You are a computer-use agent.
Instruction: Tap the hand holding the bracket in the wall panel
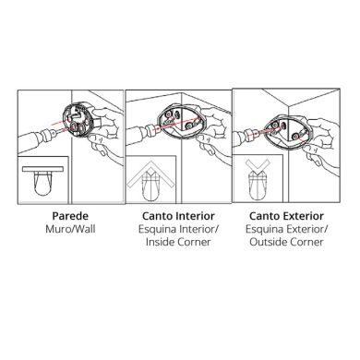107,115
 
